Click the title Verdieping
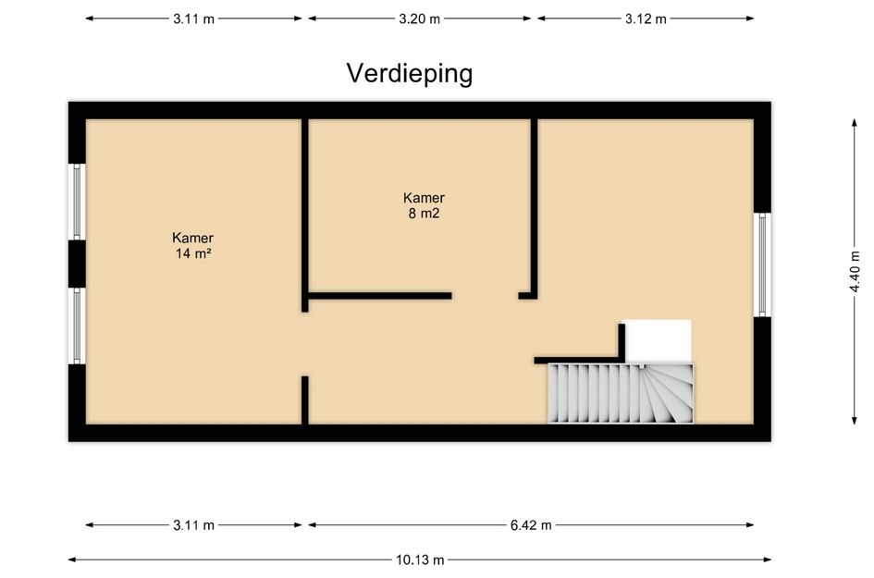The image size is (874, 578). point(409,73)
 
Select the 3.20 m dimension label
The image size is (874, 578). point(419,18)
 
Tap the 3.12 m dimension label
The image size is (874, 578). point(645,18)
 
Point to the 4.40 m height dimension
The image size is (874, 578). point(856,273)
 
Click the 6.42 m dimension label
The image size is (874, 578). point(531,525)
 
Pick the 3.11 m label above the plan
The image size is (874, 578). point(193,18)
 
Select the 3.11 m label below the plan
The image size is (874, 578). point(193,525)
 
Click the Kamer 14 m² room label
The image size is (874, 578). point(192,245)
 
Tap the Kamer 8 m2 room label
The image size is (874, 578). point(424,204)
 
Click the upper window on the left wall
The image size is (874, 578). point(78,202)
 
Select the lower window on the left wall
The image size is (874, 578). point(78,326)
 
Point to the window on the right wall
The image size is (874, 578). point(763,264)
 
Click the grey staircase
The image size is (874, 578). point(621,393)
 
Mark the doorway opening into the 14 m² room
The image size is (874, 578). point(305,343)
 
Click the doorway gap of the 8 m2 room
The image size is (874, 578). point(485,296)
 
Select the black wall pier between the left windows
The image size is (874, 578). point(77,264)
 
